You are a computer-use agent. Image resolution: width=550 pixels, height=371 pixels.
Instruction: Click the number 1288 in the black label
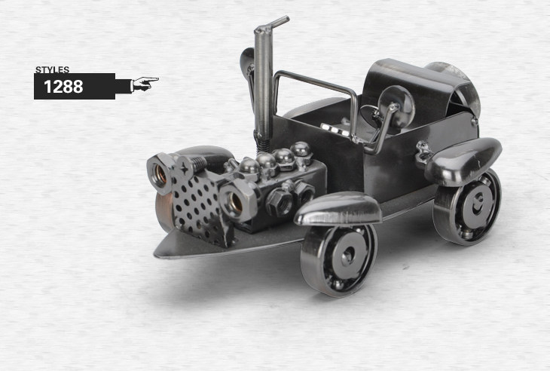tap(63, 87)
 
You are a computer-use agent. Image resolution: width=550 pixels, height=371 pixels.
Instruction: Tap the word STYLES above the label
tap(52, 70)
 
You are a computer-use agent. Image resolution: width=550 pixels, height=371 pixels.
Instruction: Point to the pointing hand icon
tap(144, 84)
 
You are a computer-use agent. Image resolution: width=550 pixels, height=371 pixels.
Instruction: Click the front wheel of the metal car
tap(338, 259)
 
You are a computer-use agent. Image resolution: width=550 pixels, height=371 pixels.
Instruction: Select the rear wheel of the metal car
tap(467, 208)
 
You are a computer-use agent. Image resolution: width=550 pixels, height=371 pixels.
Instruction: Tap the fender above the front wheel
tap(338, 209)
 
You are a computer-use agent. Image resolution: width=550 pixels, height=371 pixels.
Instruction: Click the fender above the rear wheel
tap(463, 161)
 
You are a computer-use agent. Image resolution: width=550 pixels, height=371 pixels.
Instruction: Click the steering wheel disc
tap(397, 106)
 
